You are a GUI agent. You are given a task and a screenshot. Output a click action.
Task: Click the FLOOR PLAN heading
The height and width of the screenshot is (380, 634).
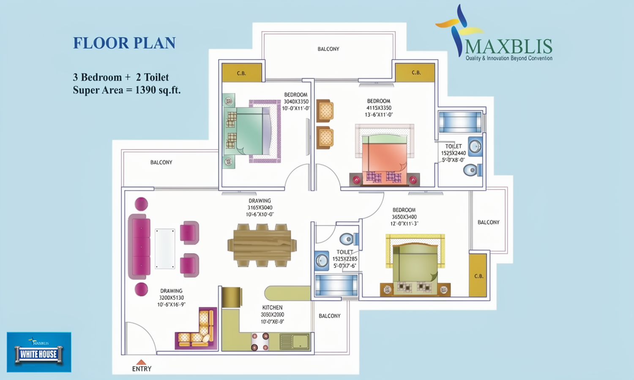(x=124, y=43)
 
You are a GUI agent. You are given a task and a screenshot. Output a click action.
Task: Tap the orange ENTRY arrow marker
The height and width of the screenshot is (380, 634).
(x=141, y=362)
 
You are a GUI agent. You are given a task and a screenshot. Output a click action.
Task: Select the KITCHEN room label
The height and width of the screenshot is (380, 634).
(x=272, y=308)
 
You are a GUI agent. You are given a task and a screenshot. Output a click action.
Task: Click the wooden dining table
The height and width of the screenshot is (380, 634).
(x=262, y=245)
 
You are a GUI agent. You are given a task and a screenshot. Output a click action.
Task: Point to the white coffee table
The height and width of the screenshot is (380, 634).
(x=165, y=249)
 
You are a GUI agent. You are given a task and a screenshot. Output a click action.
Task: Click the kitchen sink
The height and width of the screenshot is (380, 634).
(x=295, y=342)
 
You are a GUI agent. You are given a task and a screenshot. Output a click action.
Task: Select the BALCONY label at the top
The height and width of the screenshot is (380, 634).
(x=328, y=49)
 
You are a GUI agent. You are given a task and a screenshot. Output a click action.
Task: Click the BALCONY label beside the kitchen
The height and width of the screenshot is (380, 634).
(x=329, y=316)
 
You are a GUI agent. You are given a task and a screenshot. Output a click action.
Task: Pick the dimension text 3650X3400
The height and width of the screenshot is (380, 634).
(x=404, y=217)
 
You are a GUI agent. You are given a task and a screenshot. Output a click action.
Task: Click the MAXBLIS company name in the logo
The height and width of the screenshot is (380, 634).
(x=508, y=46)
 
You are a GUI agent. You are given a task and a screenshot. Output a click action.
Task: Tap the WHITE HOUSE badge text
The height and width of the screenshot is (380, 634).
(x=38, y=354)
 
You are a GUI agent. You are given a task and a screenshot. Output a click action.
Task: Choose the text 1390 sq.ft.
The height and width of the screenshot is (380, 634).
(x=158, y=90)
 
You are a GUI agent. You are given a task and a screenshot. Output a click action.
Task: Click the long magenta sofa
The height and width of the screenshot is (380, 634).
(x=139, y=247)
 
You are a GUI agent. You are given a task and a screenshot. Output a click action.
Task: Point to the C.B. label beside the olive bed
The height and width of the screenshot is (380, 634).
(x=478, y=276)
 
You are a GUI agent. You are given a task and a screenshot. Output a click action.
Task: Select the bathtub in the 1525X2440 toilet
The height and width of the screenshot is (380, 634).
(x=460, y=122)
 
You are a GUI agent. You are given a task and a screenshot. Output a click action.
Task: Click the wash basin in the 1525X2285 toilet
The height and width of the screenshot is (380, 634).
(x=322, y=261)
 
